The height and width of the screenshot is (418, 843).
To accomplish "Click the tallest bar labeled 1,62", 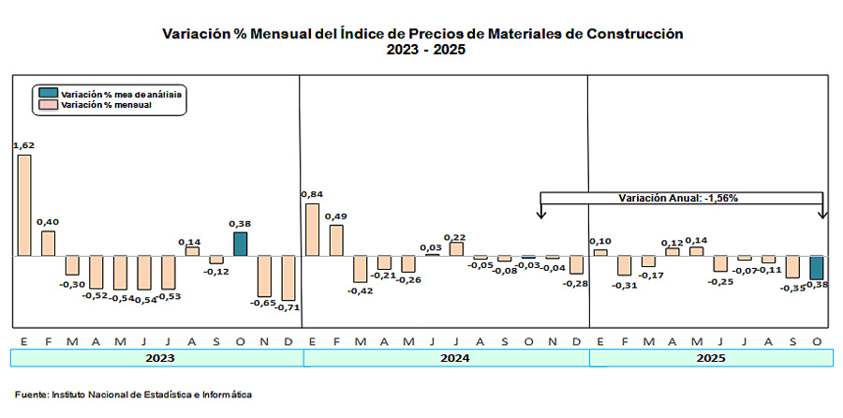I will pyautogui.click(x=24, y=204).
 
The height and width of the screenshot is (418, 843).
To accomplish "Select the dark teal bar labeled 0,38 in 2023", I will pyautogui.click(x=240, y=244).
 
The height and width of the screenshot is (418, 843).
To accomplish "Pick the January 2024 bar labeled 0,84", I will pyautogui.click(x=313, y=229).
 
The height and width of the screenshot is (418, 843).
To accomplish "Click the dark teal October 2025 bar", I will pyautogui.click(x=816, y=268).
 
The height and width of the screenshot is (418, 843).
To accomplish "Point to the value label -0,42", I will pyautogui.click(x=361, y=291).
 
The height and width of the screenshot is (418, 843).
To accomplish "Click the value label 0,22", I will pyautogui.click(x=456, y=236).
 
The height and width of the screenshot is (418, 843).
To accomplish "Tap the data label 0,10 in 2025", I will pyautogui.click(x=600, y=242).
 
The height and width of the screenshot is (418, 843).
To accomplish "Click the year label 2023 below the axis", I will pyautogui.click(x=157, y=358).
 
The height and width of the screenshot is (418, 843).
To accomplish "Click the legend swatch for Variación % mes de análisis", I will pyautogui.click(x=48, y=94).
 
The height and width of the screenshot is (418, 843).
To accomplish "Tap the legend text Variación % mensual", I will pyautogui.click(x=106, y=106).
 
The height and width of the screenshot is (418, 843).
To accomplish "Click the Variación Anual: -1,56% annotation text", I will pyautogui.click(x=681, y=199).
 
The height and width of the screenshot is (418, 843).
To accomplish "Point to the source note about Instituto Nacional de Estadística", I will pyautogui.click(x=133, y=395).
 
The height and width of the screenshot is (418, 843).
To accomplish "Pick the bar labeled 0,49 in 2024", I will pyautogui.click(x=336, y=240).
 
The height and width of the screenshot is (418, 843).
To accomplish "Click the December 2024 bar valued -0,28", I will pyautogui.click(x=576, y=265).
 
